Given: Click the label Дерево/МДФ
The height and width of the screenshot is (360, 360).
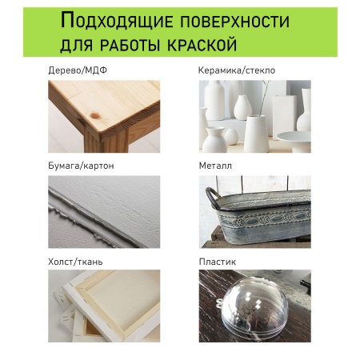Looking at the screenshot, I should pyautogui.click(x=77, y=70).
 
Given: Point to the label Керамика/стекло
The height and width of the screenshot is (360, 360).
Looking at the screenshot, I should pyautogui.click(x=236, y=70).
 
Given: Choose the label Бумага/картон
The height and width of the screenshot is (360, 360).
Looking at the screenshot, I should pyautogui.click(x=81, y=166).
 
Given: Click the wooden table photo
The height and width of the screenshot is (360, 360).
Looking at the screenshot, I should pyautogui.click(x=104, y=116).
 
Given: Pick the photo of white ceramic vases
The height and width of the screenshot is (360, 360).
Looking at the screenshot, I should pyautogui.click(x=254, y=116).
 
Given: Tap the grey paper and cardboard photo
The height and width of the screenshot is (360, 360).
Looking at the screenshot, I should pyautogui.click(x=104, y=211).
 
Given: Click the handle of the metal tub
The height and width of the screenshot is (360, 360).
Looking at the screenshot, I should pyautogui.click(x=211, y=196).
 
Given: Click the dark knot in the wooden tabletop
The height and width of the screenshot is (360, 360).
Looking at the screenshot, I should pyautogui.click(x=142, y=118).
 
